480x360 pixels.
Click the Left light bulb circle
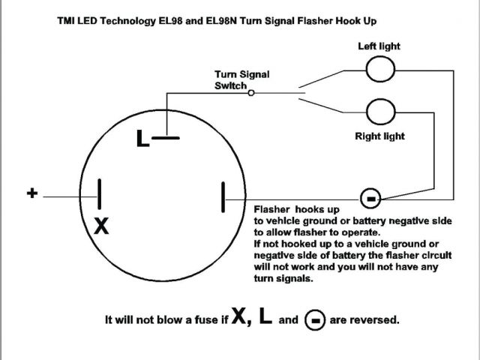[379, 70]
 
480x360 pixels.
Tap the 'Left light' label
[379, 46]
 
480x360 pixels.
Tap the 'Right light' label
[379, 136]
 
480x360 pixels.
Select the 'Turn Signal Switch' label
[241, 79]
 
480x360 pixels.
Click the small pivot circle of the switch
[250, 93]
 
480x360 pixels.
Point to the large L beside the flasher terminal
[143, 139]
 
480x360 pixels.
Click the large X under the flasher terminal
[100, 226]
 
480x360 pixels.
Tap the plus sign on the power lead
[32, 193]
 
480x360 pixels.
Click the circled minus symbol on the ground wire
[370, 198]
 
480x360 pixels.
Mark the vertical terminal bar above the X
[100, 193]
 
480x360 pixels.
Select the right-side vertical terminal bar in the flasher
[223, 197]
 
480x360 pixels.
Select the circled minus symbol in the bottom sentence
[315, 320]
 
